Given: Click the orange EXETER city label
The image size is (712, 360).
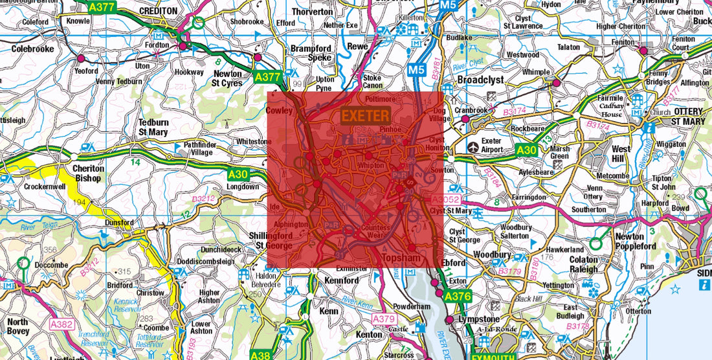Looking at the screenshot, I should [366, 117].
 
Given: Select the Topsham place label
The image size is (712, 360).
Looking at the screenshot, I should [403, 258].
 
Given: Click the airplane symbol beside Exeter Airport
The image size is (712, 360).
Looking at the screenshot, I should [474, 146].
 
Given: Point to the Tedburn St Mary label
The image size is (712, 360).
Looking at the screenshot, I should [153, 127].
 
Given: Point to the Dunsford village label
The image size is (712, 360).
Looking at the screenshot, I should [119, 221].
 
